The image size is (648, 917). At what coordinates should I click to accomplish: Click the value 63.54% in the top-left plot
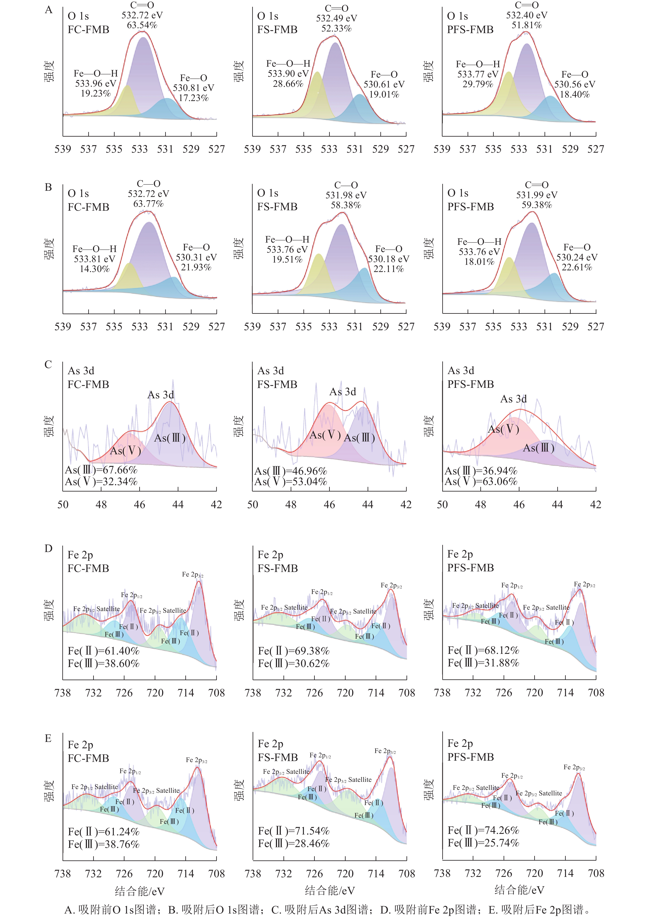click(142, 25)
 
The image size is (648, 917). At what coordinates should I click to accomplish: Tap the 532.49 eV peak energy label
click(337, 18)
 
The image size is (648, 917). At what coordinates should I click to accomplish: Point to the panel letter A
click(49, 10)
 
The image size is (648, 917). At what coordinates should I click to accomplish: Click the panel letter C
click(48, 365)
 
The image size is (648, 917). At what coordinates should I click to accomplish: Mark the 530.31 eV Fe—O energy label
click(196, 257)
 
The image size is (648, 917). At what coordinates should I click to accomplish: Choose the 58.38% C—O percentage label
click(346, 205)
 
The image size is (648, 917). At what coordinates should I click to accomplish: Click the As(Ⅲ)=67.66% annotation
click(101, 470)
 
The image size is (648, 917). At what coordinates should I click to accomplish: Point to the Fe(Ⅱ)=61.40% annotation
click(103, 651)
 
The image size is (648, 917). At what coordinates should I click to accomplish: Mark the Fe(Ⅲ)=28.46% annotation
click(294, 844)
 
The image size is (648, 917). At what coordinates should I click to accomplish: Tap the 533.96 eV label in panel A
click(95, 84)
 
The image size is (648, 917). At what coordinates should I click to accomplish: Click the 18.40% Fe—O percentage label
click(575, 95)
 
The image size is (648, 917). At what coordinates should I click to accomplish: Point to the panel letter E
click(48, 738)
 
